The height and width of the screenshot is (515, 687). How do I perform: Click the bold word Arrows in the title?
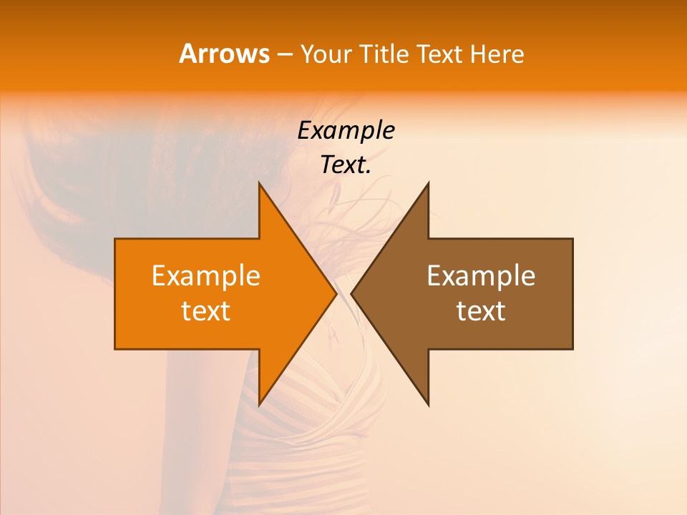tap(224, 54)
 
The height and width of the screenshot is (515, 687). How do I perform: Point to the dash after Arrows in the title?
tap(284, 54)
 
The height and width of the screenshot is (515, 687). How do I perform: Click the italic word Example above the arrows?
tap(346, 130)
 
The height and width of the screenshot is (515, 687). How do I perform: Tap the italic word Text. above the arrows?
tap(346, 165)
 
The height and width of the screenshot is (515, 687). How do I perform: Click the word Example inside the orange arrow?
tap(206, 275)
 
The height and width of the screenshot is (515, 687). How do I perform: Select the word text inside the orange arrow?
tap(206, 311)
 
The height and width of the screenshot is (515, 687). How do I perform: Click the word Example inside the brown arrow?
tap(481, 275)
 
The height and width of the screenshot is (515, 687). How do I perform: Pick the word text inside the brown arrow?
tap(481, 311)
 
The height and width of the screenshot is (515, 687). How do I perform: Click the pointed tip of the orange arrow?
tap(336, 293)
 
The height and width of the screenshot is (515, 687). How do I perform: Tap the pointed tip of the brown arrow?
tap(352, 293)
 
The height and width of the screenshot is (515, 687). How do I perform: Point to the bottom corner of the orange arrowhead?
tap(260, 404)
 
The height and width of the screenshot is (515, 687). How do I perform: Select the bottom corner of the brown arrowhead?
tap(428, 404)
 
